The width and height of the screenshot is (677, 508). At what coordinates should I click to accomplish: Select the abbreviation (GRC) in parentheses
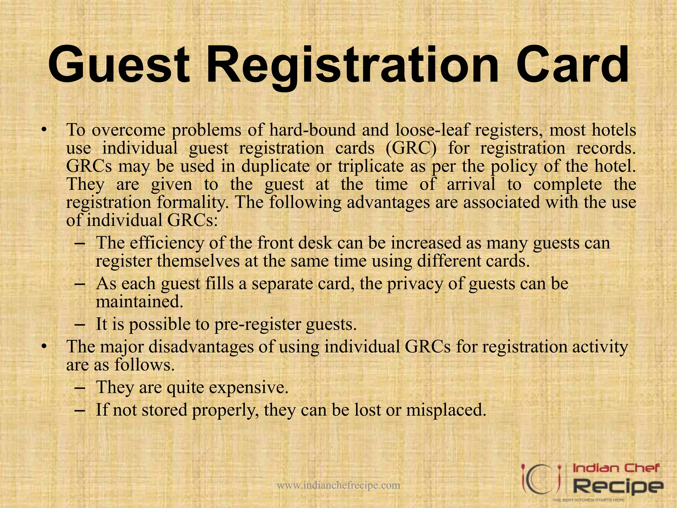(x=411, y=148)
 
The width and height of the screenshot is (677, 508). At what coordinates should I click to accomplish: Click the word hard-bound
(x=312, y=130)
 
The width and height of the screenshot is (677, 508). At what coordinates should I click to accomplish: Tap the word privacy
(x=415, y=284)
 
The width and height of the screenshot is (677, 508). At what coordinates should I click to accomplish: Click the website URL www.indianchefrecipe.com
(x=338, y=486)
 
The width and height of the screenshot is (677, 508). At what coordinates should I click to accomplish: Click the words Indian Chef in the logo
(x=616, y=468)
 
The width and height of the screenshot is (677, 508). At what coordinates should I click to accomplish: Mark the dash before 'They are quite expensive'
(x=80, y=387)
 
